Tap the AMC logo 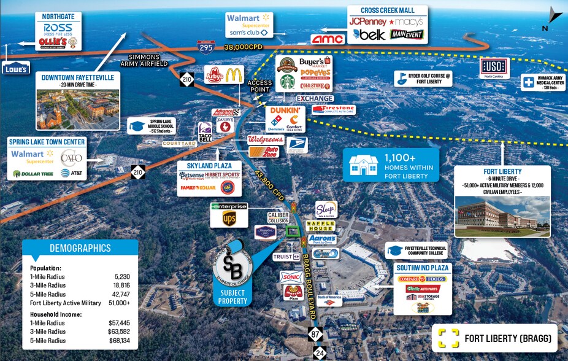[x=328, y=39]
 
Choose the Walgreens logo [x=266, y=139]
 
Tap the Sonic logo [x=291, y=276]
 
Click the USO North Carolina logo [x=494, y=67]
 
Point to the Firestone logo [x=333, y=110]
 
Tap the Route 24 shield [x=320, y=352]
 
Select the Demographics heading [x=80, y=248]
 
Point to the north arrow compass [x=554, y=18]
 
